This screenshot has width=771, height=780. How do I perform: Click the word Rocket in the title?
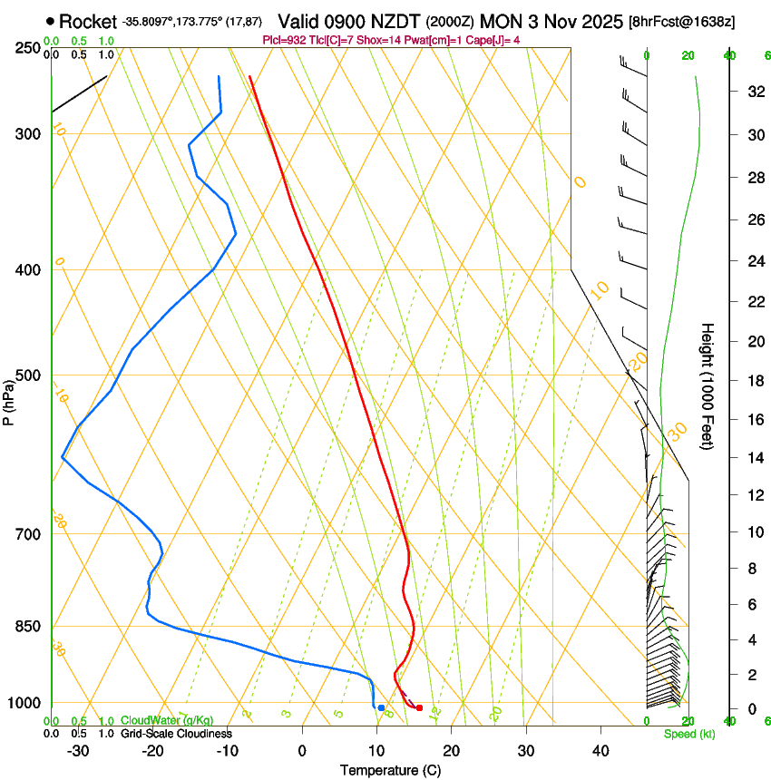pyautogui.click(x=88, y=21)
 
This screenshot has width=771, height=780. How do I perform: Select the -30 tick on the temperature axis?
pyautogui.click(x=78, y=751)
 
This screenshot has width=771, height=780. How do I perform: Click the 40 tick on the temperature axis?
pyautogui.click(x=600, y=751)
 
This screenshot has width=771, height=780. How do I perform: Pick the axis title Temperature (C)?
pyautogui.click(x=390, y=770)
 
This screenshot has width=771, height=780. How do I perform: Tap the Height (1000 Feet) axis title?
pyautogui.click(x=708, y=386)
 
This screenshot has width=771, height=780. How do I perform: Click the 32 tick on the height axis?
pyautogui.click(x=754, y=91)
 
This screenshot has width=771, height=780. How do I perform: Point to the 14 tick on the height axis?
pyautogui.click(x=754, y=458)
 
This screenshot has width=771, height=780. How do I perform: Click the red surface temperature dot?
pyautogui.click(x=419, y=707)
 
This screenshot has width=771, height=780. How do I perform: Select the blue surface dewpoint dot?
pyautogui.click(x=381, y=707)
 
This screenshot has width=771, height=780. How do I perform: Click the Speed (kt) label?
pyautogui.click(x=688, y=734)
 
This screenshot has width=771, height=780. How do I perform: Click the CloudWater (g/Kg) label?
pyautogui.click(x=167, y=721)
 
